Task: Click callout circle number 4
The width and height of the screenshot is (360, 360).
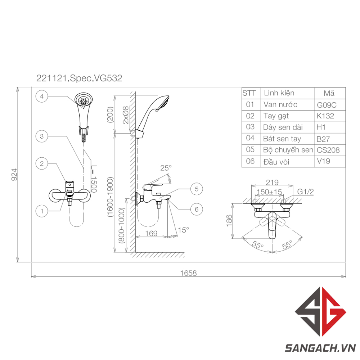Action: pos(41,96)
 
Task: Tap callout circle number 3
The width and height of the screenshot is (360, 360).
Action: pos(41,136)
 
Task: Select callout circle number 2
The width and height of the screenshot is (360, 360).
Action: pos(41,163)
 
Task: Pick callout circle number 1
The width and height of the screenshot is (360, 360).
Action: pos(41,211)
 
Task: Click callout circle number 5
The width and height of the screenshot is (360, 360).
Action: pos(197,189)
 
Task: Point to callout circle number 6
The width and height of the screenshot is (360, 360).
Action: pos(197,209)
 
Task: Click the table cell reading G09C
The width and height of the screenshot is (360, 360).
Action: pos(327,105)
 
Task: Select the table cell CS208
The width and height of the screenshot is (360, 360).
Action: pos(328,150)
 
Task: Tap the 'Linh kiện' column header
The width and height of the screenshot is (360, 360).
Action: pos(279,93)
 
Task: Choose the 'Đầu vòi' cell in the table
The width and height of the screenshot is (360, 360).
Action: pos(276,162)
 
